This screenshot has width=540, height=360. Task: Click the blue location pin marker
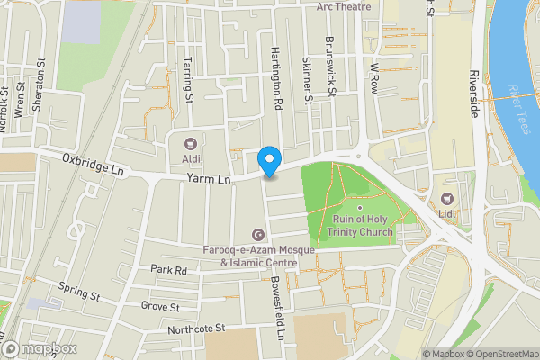(268, 160)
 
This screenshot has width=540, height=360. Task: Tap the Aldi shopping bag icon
(190, 143)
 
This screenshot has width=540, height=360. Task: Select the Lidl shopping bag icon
(447, 198)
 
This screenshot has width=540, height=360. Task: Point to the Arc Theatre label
(344, 6)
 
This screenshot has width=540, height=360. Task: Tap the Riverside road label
(473, 93)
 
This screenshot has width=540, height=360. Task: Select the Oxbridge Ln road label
(92, 163)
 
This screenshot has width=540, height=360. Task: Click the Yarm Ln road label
(209, 180)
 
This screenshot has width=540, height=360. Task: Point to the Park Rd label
(168, 269)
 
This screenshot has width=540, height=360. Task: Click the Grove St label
(161, 306)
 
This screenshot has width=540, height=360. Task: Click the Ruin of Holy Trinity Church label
(363, 226)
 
